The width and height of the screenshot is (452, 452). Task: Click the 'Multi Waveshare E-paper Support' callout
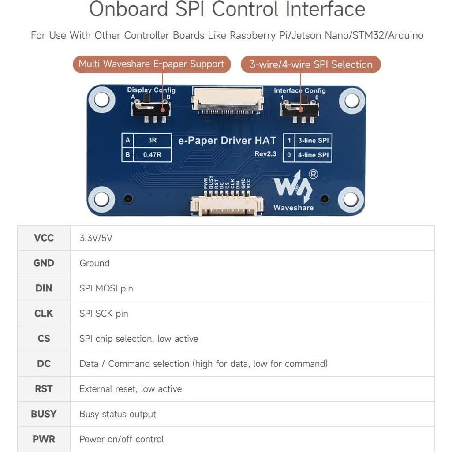(x=151, y=64)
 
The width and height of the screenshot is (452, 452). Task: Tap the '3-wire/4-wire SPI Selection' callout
(x=311, y=64)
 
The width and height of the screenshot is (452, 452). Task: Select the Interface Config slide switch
(x=300, y=108)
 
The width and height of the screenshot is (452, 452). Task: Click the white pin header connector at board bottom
(x=227, y=205)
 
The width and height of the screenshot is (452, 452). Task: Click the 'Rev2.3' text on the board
(x=265, y=153)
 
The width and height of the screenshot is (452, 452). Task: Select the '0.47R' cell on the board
(x=152, y=155)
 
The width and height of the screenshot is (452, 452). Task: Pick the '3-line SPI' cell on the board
(x=313, y=141)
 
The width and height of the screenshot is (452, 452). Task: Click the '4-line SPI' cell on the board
(x=313, y=155)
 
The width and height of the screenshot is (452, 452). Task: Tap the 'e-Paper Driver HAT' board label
(x=227, y=141)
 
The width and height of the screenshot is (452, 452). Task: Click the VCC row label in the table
(x=44, y=238)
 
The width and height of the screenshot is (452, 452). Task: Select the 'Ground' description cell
(x=94, y=263)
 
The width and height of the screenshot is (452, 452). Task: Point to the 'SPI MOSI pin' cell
(x=106, y=288)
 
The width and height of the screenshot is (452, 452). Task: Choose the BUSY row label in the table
(x=44, y=414)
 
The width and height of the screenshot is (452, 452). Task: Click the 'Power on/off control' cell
(x=121, y=439)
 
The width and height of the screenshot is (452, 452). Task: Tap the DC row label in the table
(x=44, y=364)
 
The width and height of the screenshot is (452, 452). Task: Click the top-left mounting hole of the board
(x=102, y=100)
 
